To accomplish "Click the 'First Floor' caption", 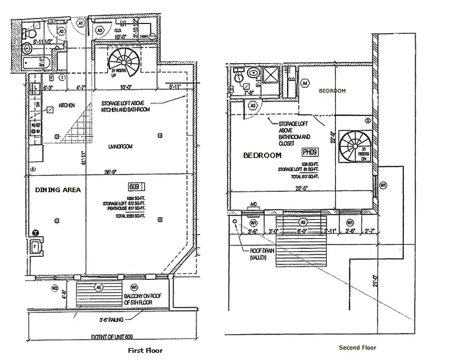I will [x=145, y=350].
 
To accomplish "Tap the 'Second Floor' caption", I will [x=357, y=347].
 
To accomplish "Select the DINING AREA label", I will [x=58, y=190].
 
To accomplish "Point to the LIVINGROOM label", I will [x=120, y=146].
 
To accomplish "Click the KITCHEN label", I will [x=66, y=105].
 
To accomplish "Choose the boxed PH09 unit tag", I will [x=311, y=153].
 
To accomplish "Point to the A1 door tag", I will [x=81, y=22].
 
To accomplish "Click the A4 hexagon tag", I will [x=305, y=83].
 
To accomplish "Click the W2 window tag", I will [x=55, y=288].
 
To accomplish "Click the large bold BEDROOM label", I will [x=262, y=155].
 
